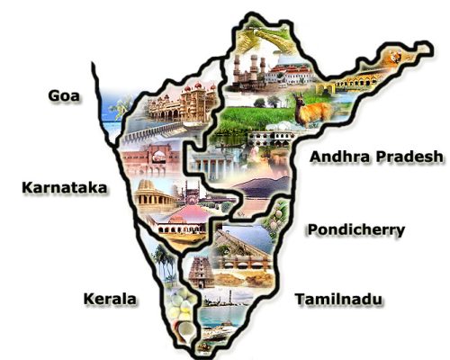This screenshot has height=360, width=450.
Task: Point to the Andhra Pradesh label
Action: pyautogui.click(x=375, y=157)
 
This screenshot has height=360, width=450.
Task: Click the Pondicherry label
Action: pyautogui.click(x=355, y=229)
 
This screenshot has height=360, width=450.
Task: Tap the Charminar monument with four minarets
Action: pyautogui.click(x=248, y=70)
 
